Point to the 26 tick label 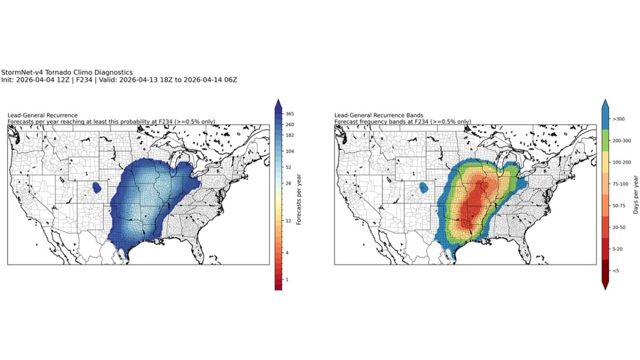pos(288,183)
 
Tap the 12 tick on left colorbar pos(288,220)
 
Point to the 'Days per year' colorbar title pos(635,194)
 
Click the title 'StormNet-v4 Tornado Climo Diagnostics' pos(67,72)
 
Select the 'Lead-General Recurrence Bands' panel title pos(378,115)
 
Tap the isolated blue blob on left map pos(97,187)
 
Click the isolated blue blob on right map pos(424,187)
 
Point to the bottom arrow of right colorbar pos(604,285)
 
